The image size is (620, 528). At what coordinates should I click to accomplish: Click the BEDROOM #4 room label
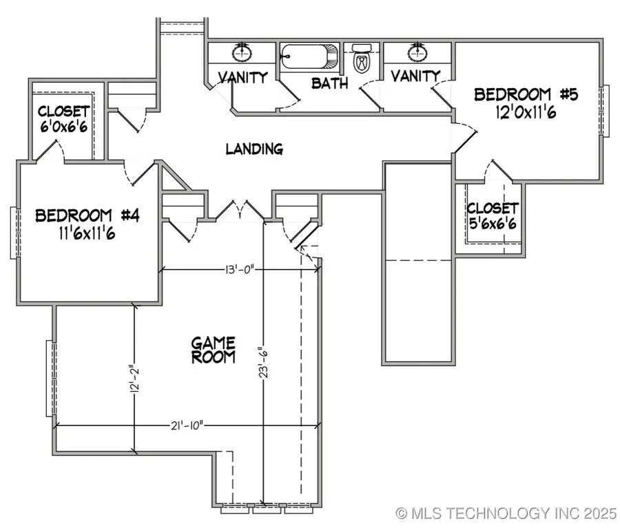[x=87, y=215]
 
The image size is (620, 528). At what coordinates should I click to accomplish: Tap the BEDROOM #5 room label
[x=513, y=94]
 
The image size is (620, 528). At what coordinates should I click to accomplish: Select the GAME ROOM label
[x=213, y=350]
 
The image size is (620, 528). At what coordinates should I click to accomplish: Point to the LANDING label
[x=254, y=149]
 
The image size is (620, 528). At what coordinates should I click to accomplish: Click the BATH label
[x=329, y=83]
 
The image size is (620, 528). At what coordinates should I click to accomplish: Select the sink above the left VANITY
[x=242, y=52]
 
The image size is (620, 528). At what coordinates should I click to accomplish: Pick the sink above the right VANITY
[x=416, y=52]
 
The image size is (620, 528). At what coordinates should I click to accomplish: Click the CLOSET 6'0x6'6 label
[x=63, y=120]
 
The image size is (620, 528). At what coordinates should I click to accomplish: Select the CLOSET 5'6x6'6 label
[x=492, y=215]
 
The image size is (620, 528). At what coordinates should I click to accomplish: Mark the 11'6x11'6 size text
[x=87, y=234]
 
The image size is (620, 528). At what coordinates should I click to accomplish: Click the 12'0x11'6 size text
[x=525, y=112]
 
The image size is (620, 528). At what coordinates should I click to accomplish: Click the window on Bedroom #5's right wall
[x=606, y=111]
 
